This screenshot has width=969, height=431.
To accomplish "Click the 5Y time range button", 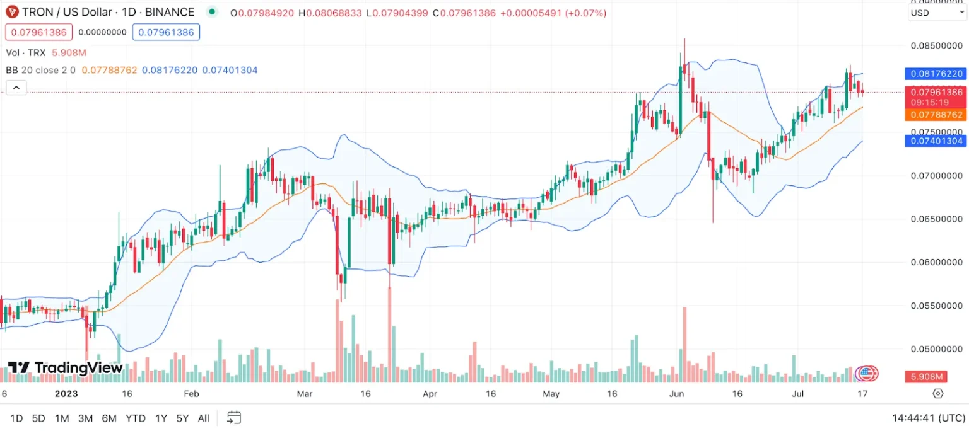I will tap(182, 418).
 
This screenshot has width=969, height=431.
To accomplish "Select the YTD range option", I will tap(136, 418).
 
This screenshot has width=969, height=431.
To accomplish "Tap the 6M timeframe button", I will tap(109, 418).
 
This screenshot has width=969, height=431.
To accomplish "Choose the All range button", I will tap(203, 418).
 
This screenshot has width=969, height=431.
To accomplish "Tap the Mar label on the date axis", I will tap(305, 394).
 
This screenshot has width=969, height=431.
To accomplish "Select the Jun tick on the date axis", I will tap(677, 394).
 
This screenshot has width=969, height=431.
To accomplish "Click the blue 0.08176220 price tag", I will tap(935, 74).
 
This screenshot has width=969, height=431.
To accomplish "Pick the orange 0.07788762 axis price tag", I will tap(935, 115).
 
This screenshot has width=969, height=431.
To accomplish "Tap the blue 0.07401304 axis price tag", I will tap(935, 141).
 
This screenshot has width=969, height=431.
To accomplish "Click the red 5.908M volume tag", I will tap(927, 377).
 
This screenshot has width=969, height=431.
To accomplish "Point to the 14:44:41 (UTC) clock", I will tap(929, 418).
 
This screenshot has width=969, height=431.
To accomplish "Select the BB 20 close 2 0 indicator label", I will tap(41, 70).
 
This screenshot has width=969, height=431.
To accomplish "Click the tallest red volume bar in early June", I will tap(684, 343).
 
